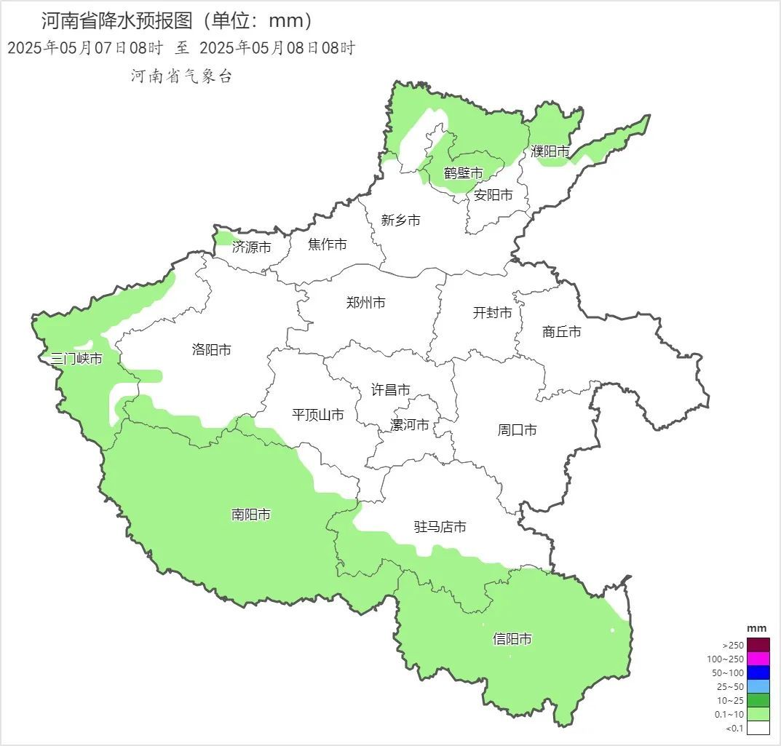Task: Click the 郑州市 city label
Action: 366,303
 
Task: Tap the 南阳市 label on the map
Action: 251,515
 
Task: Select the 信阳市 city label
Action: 512,639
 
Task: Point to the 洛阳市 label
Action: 212,349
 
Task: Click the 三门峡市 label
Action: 76,358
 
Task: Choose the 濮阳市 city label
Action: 550,151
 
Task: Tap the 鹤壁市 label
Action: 464,173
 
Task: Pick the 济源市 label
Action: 252,247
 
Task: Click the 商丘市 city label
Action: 562,332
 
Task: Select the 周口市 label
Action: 518,430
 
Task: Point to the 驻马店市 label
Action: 440,527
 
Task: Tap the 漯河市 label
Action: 410,425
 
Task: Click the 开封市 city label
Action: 493,313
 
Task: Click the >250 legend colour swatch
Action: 758,645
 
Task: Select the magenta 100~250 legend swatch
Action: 758,659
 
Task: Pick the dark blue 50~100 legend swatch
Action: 758,672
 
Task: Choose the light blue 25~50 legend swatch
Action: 758,686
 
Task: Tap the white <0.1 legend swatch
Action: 758,728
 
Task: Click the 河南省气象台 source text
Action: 181,76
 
